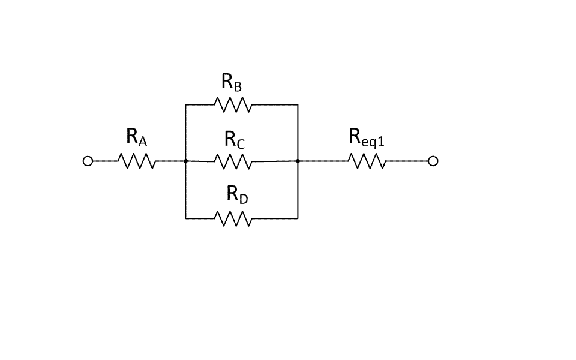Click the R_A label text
pos(137,137)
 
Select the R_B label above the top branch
pos(232,83)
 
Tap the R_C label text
pos(235,140)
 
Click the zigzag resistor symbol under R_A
pos(138,161)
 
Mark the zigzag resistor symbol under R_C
pos(233,161)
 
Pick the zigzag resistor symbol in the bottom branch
pos(233,218)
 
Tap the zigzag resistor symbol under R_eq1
pos(366,161)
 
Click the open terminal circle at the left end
pos(88,161)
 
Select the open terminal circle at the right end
pos(433,161)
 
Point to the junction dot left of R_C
pos(185,161)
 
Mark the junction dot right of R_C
pos(298,161)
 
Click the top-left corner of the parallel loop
pos(185,105)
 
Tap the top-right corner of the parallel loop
pos(298,105)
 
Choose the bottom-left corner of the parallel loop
pos(185,218)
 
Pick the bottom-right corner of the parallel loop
pos(298,218)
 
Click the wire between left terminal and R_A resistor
pos(106,161)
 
